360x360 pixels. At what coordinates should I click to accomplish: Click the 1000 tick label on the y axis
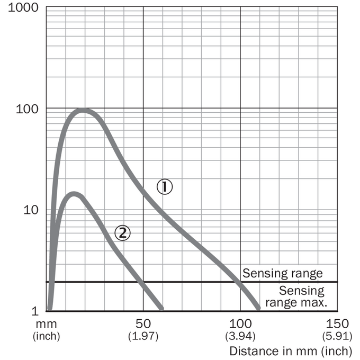click(x=23, y=7)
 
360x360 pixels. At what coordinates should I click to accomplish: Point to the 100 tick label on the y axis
click(x=27, y=109)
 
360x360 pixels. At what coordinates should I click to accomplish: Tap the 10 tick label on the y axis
click(x=31, y=210)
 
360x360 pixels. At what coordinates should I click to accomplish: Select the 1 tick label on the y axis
click(x=35, y=311)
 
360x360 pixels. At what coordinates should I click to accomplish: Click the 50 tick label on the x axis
click(x=143, y=323)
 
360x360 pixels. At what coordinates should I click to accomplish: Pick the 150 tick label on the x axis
click(x=337, y=323)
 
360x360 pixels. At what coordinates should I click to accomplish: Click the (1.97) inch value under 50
click(x=143, y=336)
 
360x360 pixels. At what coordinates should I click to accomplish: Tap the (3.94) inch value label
click(x=240, y=336)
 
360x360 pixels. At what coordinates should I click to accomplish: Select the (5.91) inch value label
click(x=337, y=336)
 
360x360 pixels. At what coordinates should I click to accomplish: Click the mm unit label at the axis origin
click(x=46, y=324)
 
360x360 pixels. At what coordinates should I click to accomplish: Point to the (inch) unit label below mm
click(x=46, y=336)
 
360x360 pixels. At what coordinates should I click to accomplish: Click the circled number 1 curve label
click(x=165, y=186)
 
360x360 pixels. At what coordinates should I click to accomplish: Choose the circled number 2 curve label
click(x=122, y=233)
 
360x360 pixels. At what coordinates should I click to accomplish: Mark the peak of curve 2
click(x=74, y=194)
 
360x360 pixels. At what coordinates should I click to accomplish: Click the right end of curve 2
click(x=162, y=309)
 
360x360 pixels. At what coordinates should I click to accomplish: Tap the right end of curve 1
click(x=258, y=308)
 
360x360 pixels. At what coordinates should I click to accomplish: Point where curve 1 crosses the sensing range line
click(x=239, y=282)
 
